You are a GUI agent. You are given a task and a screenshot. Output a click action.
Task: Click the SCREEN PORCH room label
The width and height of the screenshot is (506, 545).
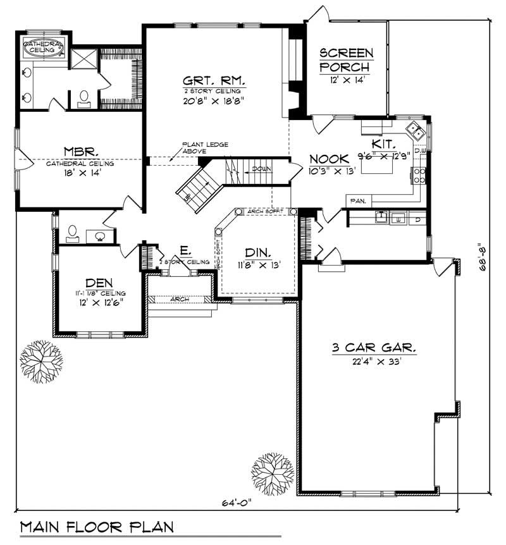click(346, 59)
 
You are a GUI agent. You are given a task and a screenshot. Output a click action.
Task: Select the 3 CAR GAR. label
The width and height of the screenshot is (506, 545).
click(374, 347)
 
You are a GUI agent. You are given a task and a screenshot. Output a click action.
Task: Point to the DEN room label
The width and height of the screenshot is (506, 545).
click(99, 282)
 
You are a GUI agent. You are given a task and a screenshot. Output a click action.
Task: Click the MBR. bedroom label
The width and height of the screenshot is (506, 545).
click(80, 152)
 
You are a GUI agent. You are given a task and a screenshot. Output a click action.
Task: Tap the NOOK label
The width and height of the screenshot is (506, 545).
click(329, 159)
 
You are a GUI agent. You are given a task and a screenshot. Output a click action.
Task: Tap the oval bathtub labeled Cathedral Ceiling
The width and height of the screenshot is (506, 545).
click(44, 47)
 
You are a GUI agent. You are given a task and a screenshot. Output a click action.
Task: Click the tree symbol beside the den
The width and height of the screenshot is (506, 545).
click(42, 362)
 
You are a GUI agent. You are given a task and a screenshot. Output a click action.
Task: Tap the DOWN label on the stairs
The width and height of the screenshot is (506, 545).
click(261, 169)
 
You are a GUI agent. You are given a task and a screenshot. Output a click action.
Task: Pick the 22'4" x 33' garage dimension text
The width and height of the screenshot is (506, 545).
click(374, 362)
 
